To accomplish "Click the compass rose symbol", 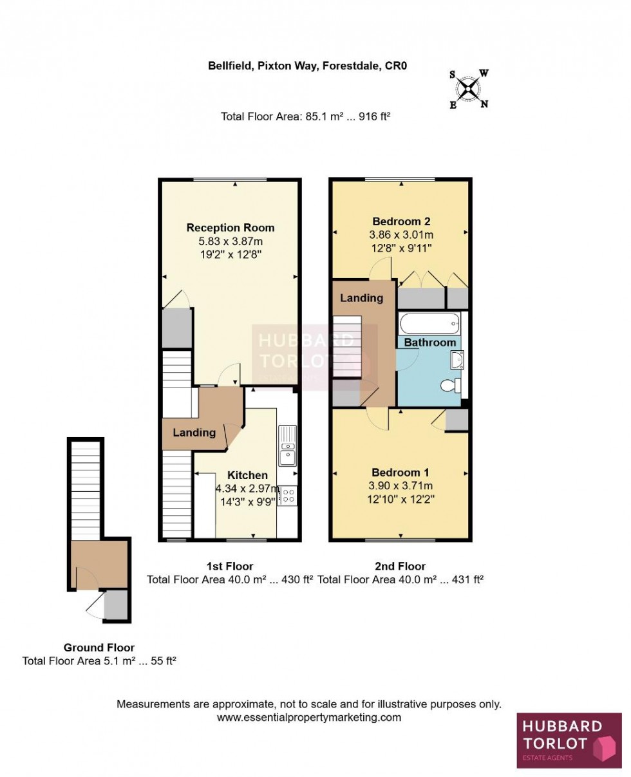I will point(469,89).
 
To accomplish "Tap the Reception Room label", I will point(230,228).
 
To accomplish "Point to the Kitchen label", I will point(247,475).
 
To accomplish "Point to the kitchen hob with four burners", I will point(288,495).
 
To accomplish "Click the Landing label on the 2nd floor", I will point(361,298).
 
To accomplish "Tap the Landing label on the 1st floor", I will point(194,433).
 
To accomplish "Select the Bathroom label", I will point(429,342).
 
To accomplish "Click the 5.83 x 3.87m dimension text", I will point(230,241).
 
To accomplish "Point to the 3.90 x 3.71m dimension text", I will point(400,485).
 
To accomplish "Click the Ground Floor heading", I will point(99,648).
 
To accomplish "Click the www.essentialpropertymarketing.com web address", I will point(309,717).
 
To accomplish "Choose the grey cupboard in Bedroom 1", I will point(457,420).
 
